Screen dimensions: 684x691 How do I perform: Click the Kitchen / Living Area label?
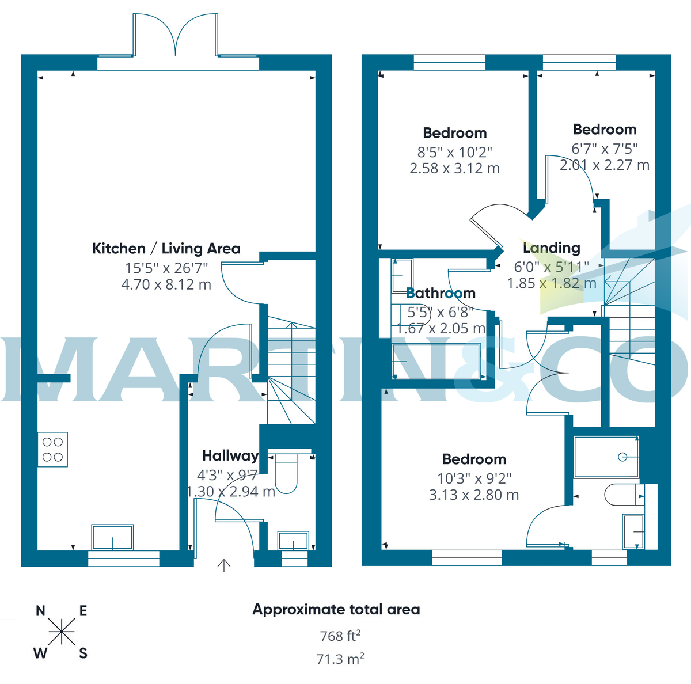click(x=166, y=249)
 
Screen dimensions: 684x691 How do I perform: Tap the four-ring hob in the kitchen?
click(x=52, y=450)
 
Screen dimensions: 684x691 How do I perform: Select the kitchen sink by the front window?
click(x=112, y=537)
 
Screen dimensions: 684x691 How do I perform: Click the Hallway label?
click(x=230, y=456)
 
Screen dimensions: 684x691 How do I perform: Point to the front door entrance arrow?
click(x=223, y=565)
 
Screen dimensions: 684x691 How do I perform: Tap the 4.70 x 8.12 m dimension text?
click(x=166, y=284)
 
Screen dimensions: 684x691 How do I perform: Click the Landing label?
click(x=551, y=248)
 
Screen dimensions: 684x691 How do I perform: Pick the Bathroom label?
click(x=441, y=293)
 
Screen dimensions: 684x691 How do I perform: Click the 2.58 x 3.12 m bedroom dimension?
click(x=454, y=169)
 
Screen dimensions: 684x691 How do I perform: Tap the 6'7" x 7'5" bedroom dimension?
click(x=604, y=149)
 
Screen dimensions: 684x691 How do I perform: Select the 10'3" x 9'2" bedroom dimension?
click(x=474, y=478)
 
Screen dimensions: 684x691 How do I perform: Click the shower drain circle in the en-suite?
click(x=622, y=457)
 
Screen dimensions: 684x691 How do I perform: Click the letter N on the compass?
click(x=40, y=611)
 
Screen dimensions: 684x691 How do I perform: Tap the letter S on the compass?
click(x=83, y=653)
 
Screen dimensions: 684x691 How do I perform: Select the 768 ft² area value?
click(x=340, y=636)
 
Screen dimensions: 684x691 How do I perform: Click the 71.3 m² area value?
click(x=340, y=659)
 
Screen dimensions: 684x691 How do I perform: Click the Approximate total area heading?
click(x=336, y=610)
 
